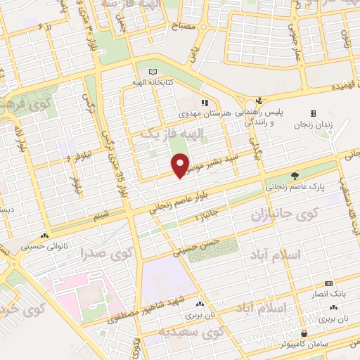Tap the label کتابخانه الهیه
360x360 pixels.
tap(153, 82)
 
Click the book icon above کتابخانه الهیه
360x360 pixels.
tap(153, 72)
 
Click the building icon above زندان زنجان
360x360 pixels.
tap(313, 113)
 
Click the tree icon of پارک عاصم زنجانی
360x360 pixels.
tap(296, 176)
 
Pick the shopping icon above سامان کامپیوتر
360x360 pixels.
tap(304, 333)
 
